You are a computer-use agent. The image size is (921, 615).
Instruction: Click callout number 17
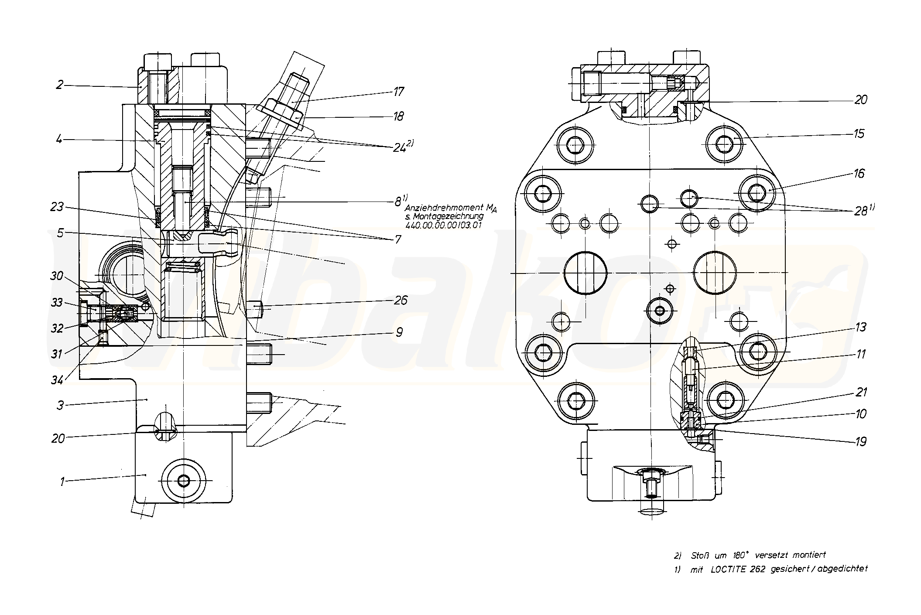tap(398, 92)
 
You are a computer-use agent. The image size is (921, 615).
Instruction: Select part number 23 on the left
tap(57, 206)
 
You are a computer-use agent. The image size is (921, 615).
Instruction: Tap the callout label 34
tap(57, 380)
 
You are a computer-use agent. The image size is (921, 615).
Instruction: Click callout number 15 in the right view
tap(859, 133)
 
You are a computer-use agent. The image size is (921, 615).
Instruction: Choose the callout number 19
tap(860, 441)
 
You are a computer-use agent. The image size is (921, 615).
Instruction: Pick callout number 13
tap(860, 327)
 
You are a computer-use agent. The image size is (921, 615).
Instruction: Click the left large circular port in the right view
tap(585, 273)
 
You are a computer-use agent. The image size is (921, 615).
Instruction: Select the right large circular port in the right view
tap(715, 273)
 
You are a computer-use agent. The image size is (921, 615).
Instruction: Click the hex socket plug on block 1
tap(183, 481)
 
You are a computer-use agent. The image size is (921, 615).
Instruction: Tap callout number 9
tap(399, 332)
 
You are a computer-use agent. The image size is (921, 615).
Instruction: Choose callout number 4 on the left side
tap(59, 140)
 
